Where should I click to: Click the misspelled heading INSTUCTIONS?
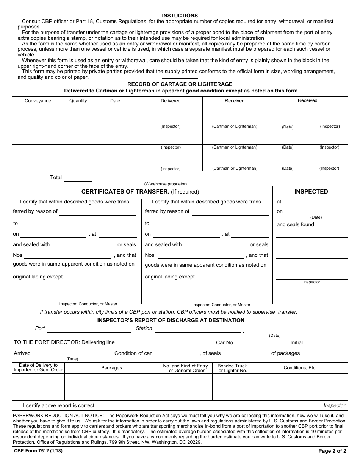[x=180, y=16]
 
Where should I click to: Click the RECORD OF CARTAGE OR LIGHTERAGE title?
[x=180, y=84]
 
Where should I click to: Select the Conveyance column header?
[x=38, y=101]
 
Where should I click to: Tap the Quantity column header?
[x=78, y=101]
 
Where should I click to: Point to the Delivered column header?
[x=171, y=101]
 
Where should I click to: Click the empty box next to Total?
[x=78, y=177]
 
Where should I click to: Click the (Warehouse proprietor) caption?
[x=166, y=184]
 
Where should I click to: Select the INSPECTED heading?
[x=311, y=192]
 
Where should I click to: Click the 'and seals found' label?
[x=296, y=224]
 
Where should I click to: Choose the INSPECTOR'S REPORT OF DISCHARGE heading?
[x=171, y=320]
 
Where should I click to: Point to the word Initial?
[x=297, y=342]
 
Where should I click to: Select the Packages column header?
[x=111, y=368]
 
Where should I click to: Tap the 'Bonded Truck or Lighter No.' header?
[x=232, y=368]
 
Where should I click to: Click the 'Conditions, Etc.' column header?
[x=300, y=368]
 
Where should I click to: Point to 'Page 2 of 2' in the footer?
[x=333, y=451]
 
